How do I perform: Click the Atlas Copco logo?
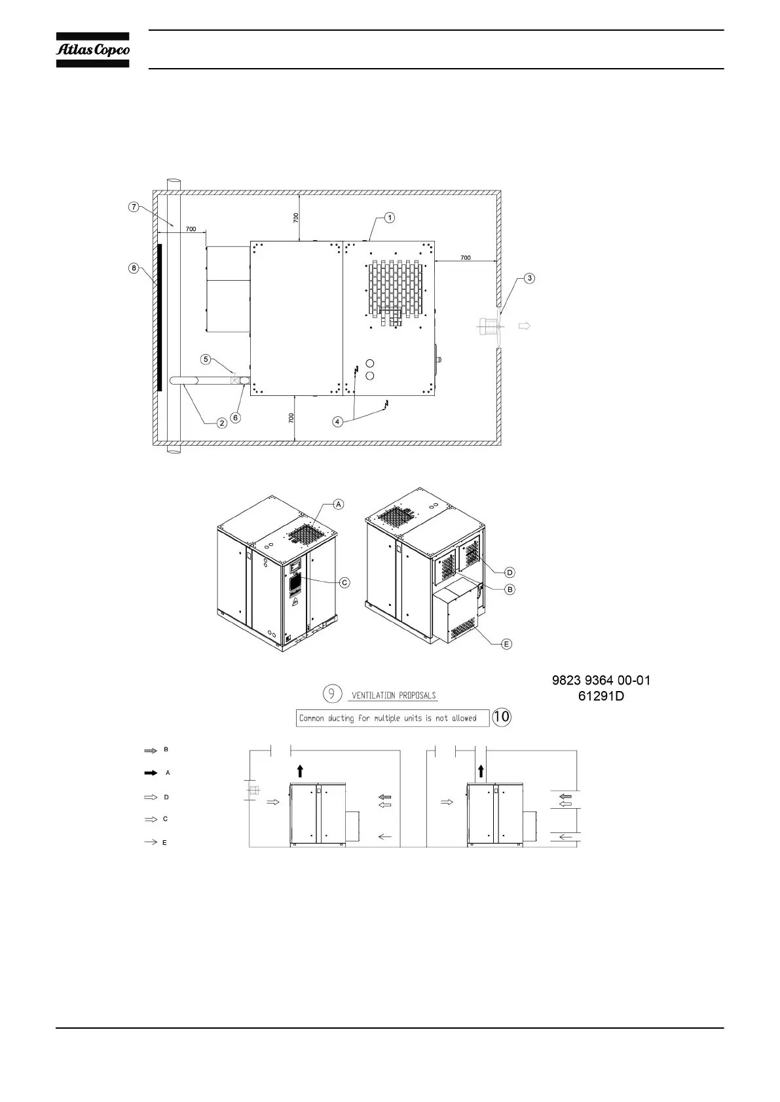tap(92, 50)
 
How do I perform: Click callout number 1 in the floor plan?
tap(389, 217)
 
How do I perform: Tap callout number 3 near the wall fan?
tap(529, 279)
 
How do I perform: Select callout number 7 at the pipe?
tap(134, 207)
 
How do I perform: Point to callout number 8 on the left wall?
tap(134, 268)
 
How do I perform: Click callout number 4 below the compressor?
tap(337, 421)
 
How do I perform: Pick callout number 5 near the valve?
tap(206, 360)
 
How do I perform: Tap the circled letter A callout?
tap(339, 505)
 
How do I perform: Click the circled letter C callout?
tap(344, 582)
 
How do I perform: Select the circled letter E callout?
tap(506, 644)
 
